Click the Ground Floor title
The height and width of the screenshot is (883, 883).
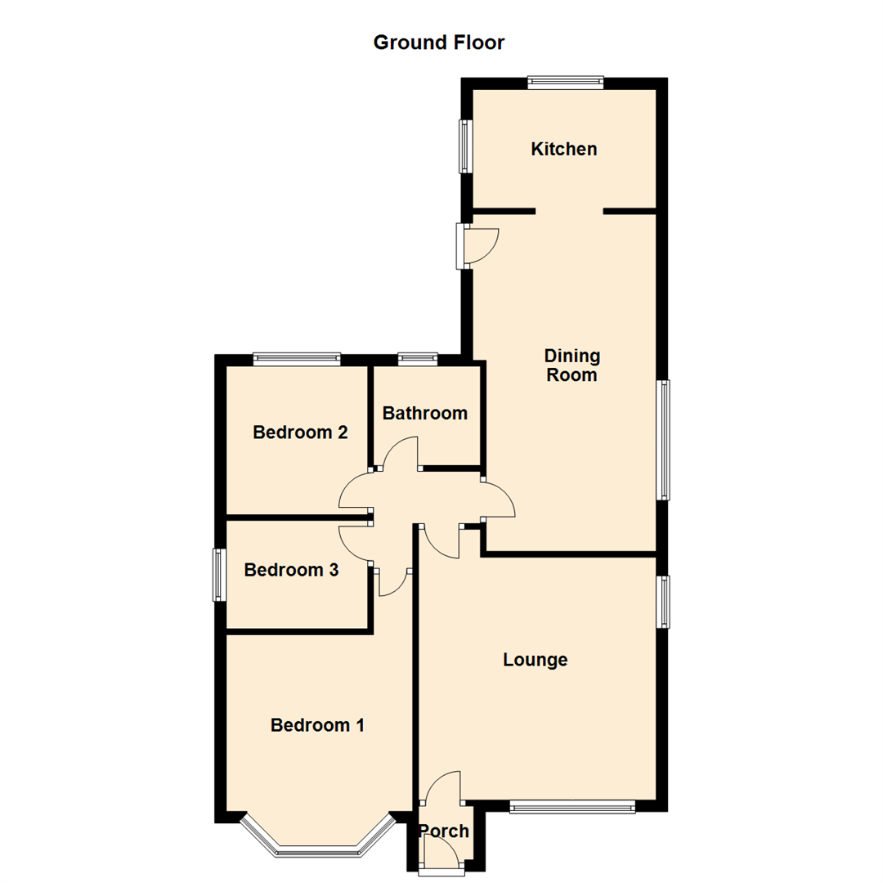[439, 43]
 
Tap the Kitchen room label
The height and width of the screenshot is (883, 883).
[564, 150]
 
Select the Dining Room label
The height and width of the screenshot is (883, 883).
[572, 365]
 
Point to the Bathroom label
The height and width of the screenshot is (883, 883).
[425, 413]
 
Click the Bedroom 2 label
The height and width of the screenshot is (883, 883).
[301, 433]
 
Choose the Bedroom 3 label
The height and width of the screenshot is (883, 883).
[291, 570]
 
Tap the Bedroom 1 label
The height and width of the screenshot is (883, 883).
[317, 724]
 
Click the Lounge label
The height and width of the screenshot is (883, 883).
[536, 660]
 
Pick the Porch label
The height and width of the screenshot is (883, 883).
[444, 831]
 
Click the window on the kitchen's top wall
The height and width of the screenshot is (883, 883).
[565, 81]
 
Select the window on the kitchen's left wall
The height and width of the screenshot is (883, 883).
[466, 146]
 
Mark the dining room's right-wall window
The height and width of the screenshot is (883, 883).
[665, 439]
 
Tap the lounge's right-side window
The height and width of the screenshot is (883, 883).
[665, 602]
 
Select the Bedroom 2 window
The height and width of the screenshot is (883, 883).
[296, 357]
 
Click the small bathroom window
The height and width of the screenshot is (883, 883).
[418, 357]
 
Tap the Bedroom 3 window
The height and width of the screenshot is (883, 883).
[218, 575]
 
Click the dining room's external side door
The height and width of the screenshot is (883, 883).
[464, 246]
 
